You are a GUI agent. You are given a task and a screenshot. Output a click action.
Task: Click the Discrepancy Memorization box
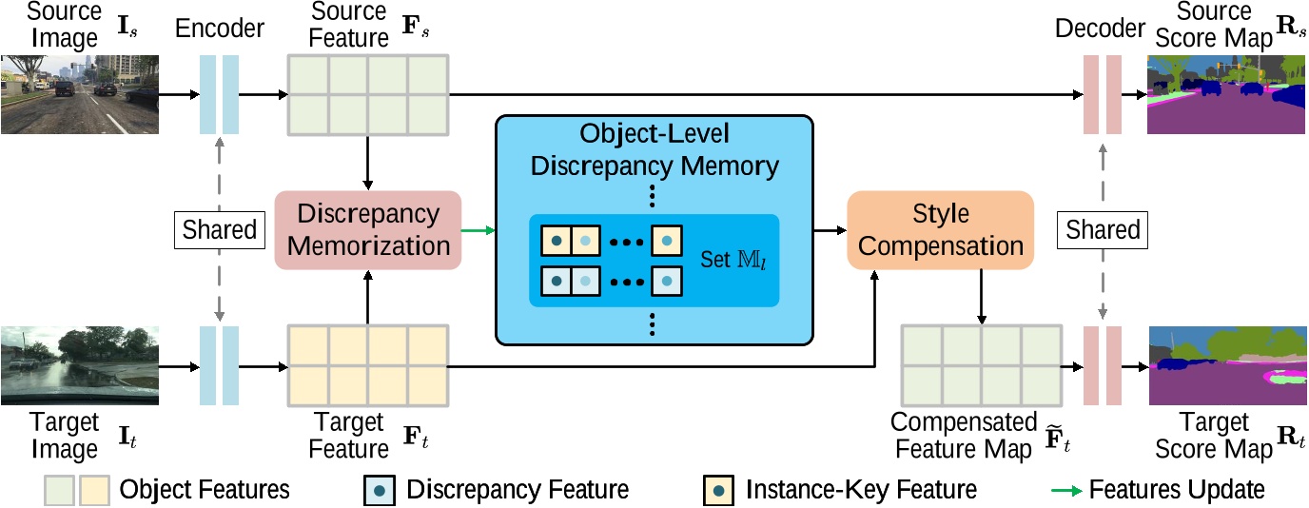coord(367,229)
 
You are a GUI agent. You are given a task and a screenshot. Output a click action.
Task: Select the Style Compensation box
coord(940,229)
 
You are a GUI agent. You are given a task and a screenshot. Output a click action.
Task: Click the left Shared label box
coord(220,229)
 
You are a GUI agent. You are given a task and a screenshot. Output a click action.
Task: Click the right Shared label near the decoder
coord(1103,229)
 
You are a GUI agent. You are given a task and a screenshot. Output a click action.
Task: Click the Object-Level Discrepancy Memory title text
coord(654,149)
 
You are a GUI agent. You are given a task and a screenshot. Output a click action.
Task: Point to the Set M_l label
coord(732,258)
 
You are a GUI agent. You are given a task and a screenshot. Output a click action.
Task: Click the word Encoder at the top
coord(220,29)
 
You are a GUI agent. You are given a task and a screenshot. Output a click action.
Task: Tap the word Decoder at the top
coord(1100,29)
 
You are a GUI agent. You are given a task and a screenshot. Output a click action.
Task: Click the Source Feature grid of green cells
coord(367,94)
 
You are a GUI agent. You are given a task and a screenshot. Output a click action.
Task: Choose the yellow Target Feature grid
coord(367,366)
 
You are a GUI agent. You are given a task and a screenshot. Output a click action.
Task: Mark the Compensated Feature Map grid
coord(981,366)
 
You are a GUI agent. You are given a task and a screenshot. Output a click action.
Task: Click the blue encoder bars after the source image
coord(220,94)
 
